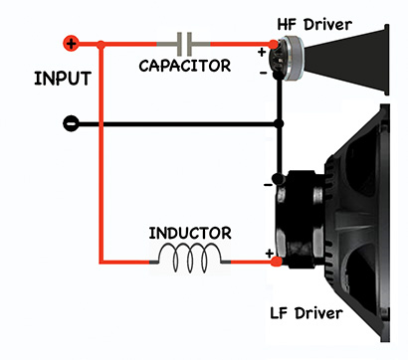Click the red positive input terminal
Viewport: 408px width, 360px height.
click(x=71, y=43)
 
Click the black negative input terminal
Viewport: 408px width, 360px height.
click(x=71, y=124)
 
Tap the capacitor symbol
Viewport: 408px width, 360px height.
click(x=184, y=44)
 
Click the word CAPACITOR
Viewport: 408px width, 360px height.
click(x=185, y=66)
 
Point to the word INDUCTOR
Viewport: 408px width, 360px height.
click(x=190, y=233)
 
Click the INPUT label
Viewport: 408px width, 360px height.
click(x=63, y=79)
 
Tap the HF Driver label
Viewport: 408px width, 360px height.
click(x=314, y=25)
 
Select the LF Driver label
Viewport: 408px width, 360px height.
click(x=306, y=313)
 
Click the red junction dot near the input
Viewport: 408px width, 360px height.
click(x=102, y=45)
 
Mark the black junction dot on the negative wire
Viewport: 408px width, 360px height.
click(x=280, y=124)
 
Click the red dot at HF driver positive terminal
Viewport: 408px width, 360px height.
click(x=273, y=44)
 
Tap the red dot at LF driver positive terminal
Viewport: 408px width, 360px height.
click(x=276, y=262)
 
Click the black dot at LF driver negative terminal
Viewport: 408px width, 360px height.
click(x=279, y=179)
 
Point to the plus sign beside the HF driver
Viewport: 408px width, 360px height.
click(x=262, y=52)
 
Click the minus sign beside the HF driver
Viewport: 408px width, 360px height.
click(x=263, y=73)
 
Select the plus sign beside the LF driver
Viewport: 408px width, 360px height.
click(x=269, y=254)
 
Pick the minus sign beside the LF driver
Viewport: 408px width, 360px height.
click(x=268, y=185)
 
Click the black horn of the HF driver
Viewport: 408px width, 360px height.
click(x=346, y=60)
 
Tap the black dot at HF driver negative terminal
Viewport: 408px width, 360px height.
click(x=278, y=76)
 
